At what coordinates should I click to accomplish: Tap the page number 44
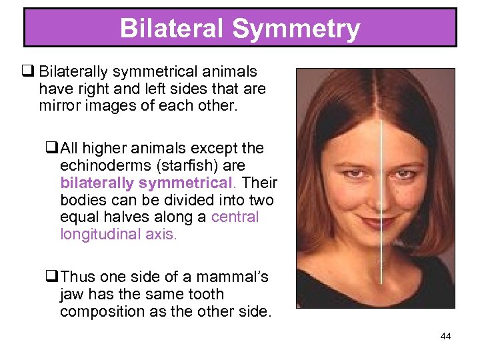[x=446, y=336]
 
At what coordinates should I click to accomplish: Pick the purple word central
[x=235, y=217]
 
